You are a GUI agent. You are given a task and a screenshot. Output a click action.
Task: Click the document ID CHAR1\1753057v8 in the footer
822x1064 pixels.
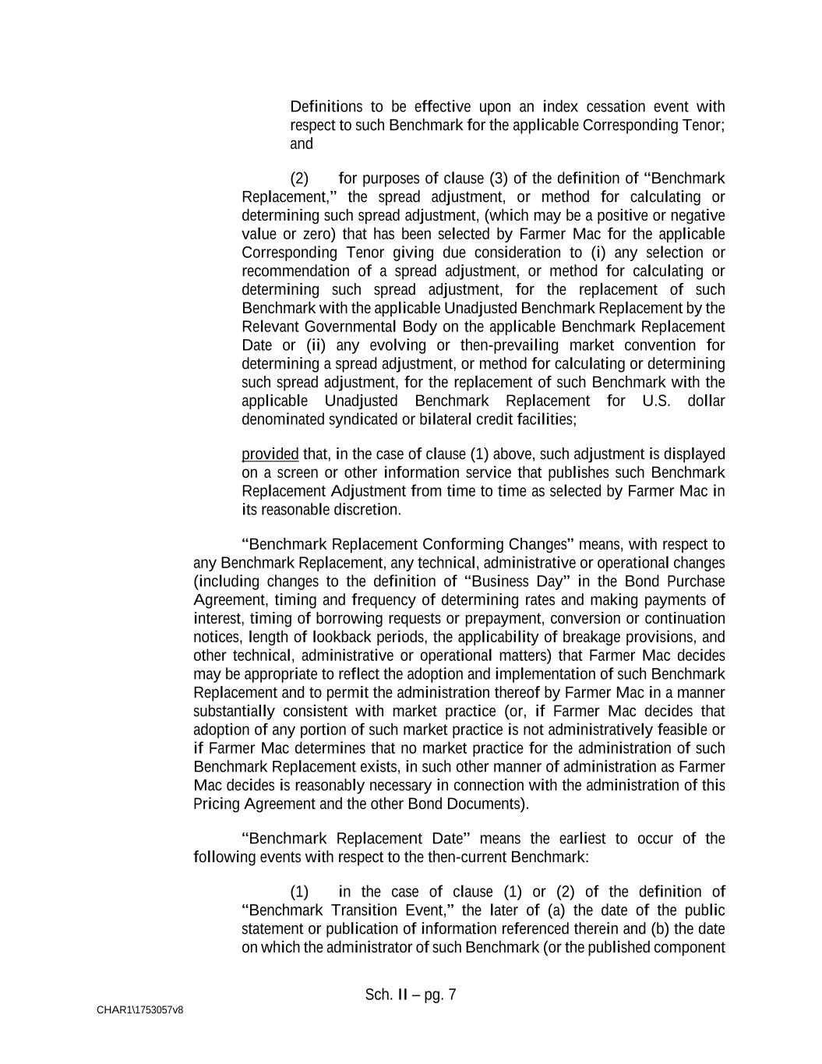pos(140,1010)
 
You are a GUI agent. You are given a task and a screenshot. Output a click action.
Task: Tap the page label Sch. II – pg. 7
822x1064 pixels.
pos(411,995)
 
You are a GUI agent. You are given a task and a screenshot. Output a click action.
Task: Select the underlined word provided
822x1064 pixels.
pos(270,454)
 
